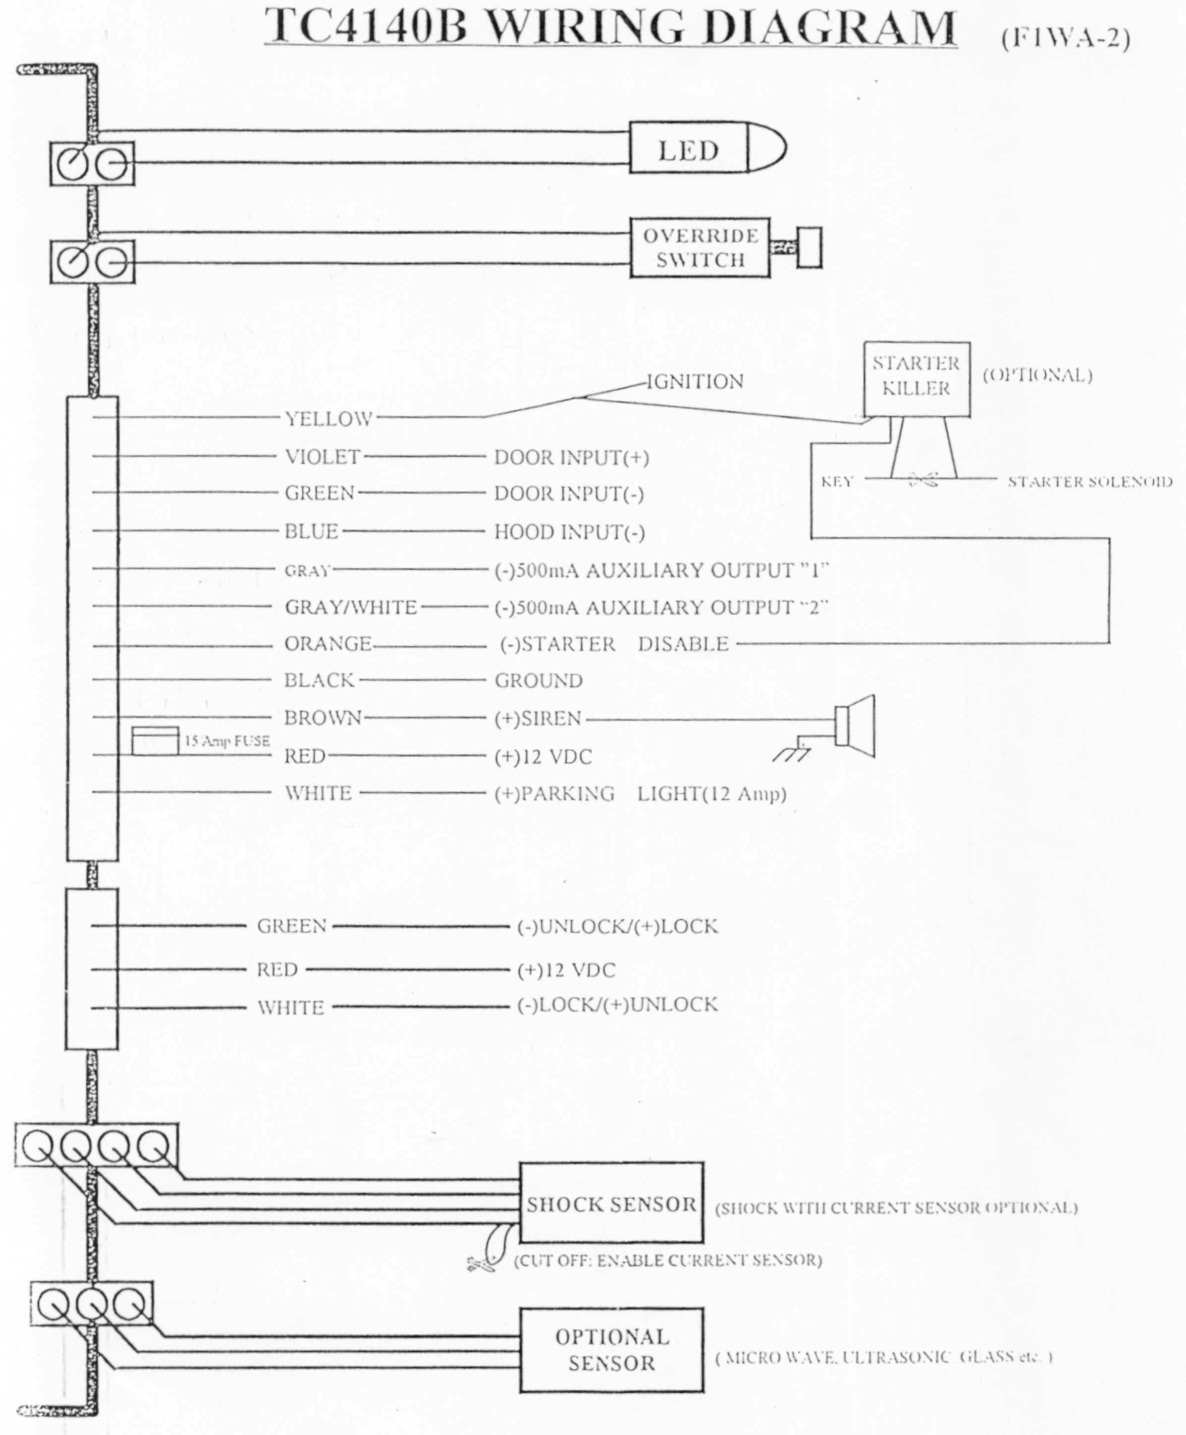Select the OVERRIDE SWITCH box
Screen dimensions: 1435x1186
click(700, 248)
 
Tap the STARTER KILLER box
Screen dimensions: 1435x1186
click(916, 378)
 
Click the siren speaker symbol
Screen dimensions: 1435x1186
click(856, 726)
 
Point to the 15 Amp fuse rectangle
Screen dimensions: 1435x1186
click(155, 741)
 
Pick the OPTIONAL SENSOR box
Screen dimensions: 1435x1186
click(611, 1350)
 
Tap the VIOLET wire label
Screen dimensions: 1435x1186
click(323, 457)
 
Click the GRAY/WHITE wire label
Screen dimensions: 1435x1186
click(350, 607)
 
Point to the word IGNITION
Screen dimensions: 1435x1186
click(695, 381)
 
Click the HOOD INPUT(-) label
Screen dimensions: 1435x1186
click(569, 532)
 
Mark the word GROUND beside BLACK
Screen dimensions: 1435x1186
click(538, 681)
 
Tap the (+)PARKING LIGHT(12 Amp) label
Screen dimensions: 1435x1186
click(640, 793)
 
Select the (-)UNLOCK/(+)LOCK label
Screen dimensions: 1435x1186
click(618, 927)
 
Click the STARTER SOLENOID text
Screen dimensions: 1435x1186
click(1090, 482)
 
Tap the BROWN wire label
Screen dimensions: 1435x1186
click(323, 717)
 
